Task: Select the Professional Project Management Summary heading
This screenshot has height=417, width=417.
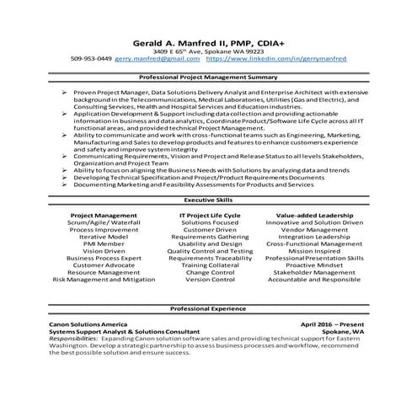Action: pos(207,77)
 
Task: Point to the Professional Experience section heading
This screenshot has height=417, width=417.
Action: pos(207,309)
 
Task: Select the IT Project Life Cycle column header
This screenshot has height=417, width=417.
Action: pos(209,215)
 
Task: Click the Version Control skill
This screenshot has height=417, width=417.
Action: pos(209,280)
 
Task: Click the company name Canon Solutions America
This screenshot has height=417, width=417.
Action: pos(88,324)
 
